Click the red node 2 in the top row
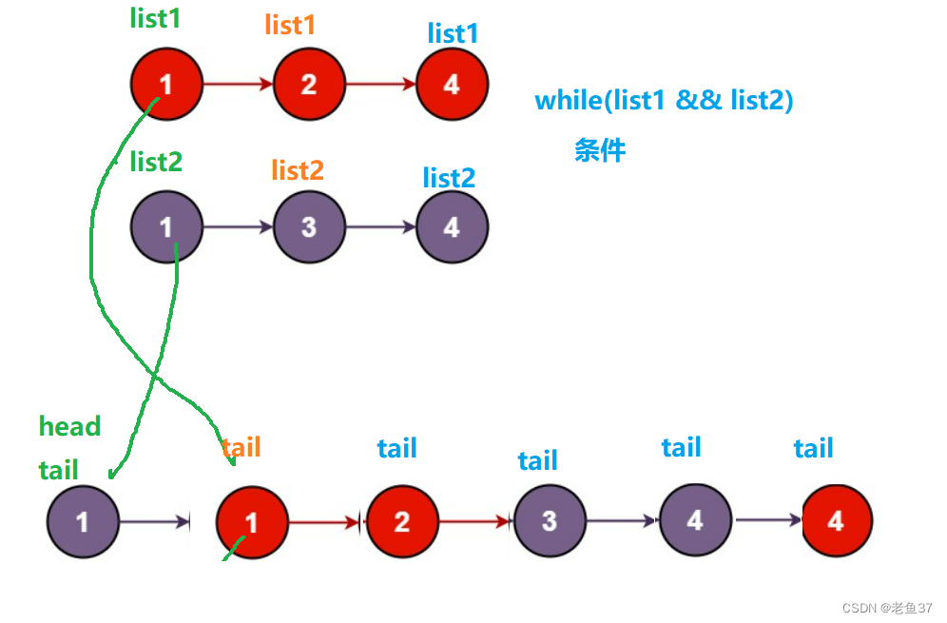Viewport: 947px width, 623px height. [309, 85]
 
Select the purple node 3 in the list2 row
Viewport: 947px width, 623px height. [309, 227]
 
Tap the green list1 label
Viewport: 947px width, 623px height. [155, 18]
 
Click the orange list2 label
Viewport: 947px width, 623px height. [298, 170]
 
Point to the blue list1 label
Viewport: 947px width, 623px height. [453, 33]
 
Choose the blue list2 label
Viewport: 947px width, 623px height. [449, 178]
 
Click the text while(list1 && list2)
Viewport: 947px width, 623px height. [664, 100]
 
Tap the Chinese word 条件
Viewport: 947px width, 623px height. [600, 150]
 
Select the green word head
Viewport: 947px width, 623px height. [69, 426]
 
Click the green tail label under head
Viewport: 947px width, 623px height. [59, 470]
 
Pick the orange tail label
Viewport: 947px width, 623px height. [241, 447]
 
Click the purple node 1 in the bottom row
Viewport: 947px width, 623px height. [83, 521]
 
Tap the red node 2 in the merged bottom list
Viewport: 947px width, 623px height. [401, 521]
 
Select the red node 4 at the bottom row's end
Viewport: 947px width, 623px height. [836, 520]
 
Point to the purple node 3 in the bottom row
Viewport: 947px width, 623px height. [550, 521]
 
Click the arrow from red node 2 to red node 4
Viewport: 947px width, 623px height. [380, 85]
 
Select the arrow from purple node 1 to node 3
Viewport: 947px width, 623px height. [238, 227]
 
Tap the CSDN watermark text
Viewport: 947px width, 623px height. [874, 607]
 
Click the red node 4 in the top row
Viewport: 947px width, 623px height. [452, 85]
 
